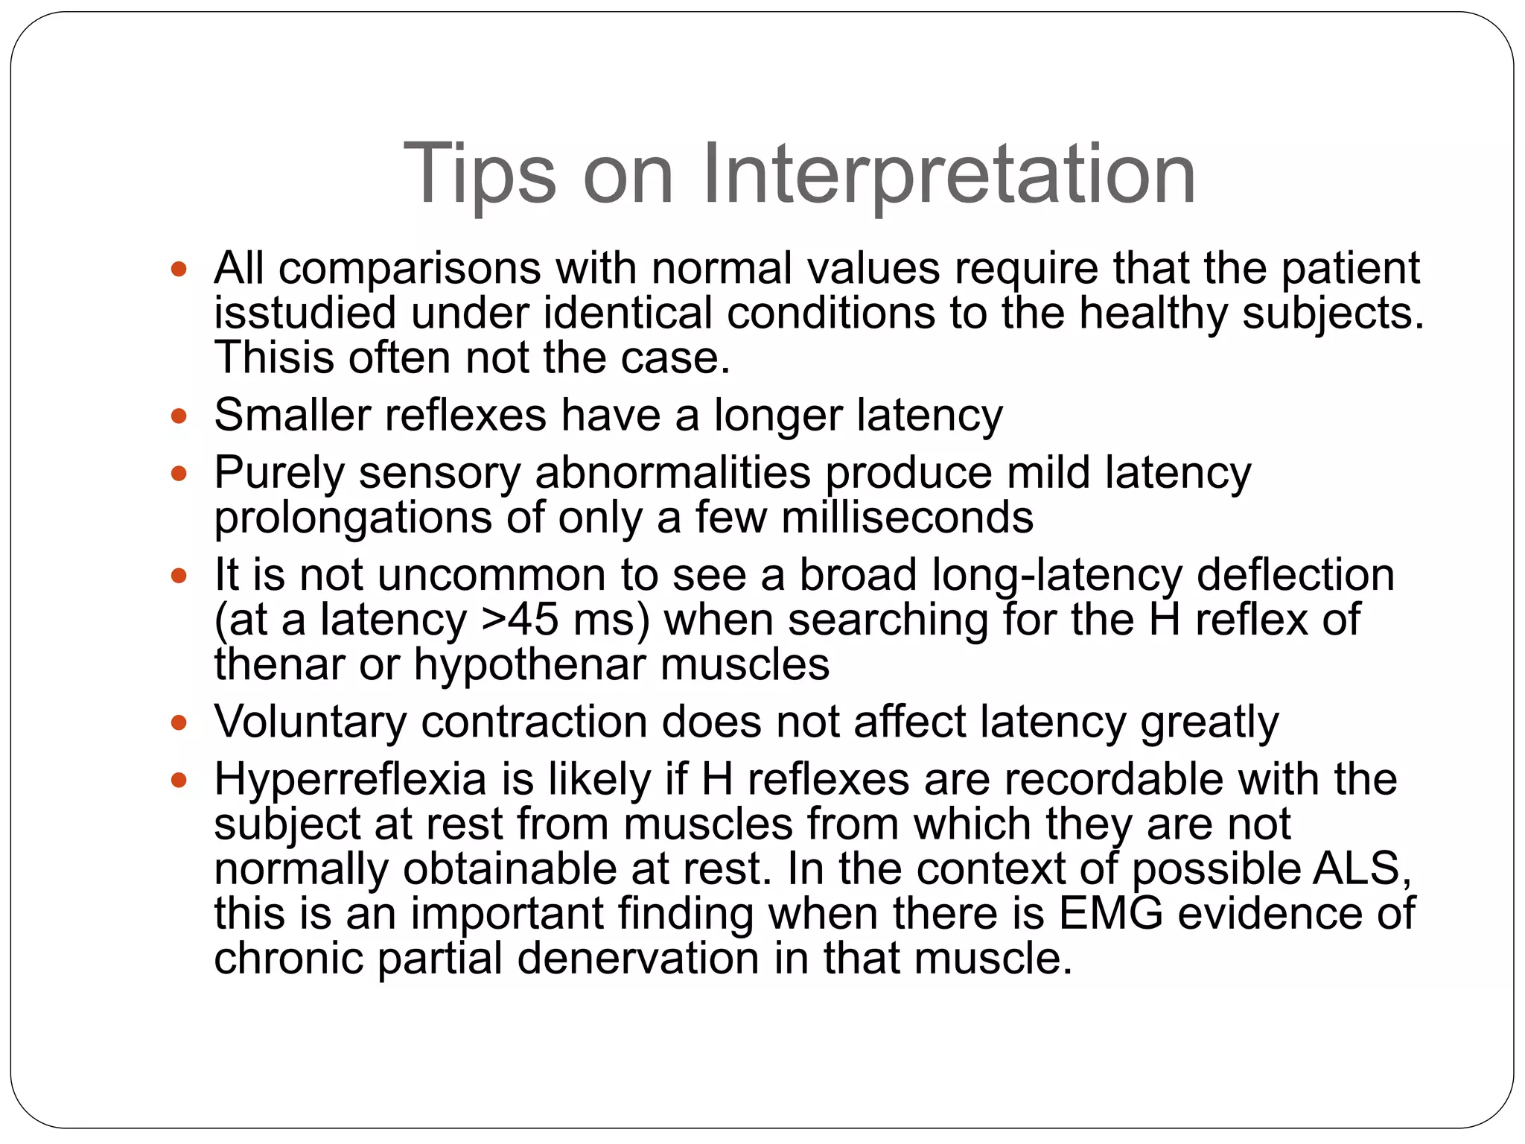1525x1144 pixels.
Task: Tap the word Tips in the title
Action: pos(479,175)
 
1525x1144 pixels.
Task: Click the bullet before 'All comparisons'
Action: pos(179,269)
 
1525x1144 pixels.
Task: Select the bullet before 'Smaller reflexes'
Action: pos(179,416)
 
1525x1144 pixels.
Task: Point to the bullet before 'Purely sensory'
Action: pos(179,473)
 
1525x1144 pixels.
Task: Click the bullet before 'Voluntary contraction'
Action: pos(179,722)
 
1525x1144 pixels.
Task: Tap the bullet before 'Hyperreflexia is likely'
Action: pos(179,780)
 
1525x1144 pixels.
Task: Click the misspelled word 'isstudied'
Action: pos(305,313)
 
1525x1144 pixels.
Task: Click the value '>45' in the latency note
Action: pos(520,620)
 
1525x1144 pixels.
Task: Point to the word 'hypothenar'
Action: pos(530,664)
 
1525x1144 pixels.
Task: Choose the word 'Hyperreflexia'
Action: pos(351,780)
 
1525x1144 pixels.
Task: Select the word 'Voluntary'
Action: pos(311,722)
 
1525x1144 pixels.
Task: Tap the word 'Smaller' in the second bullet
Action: pos(293,416)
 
